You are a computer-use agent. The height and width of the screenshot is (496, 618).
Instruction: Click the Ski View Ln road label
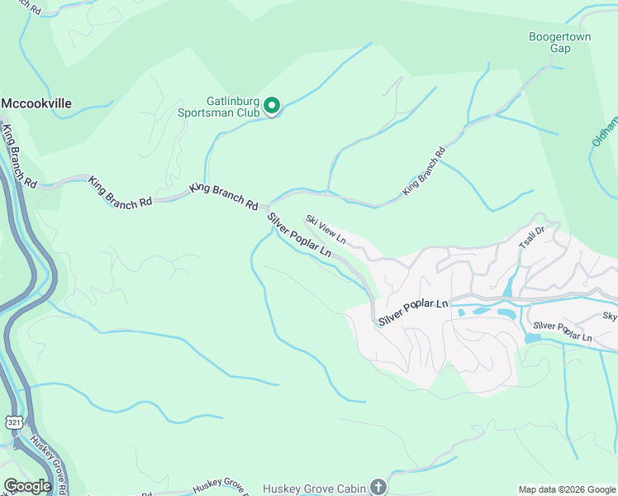tap(325, 231)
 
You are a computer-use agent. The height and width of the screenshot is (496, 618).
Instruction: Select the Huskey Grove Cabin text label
tap(314, 489)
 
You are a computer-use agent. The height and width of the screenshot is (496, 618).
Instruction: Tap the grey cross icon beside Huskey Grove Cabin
tap(378, 487)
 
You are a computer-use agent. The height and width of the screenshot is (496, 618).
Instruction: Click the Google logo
tap(27, 486)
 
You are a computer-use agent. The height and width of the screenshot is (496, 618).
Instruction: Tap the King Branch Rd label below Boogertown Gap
tap(424, 171)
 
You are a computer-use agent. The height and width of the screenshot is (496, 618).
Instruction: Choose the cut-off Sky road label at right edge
tap(610, 317)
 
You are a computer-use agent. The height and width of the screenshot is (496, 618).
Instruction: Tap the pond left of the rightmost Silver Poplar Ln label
tap(532, 338)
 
